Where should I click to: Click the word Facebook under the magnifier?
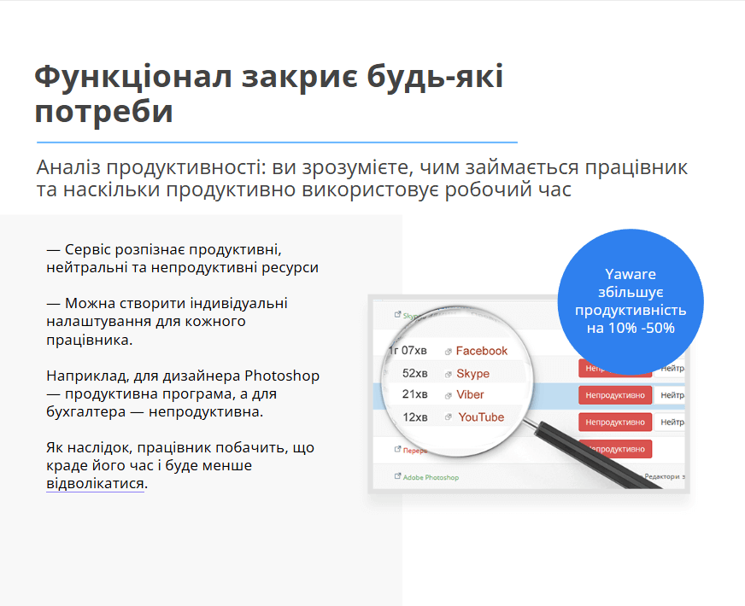[x=481, y=351]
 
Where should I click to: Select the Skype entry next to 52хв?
[x=472, y=374]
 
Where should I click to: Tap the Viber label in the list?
[x=470, y=395]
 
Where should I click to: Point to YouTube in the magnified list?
[x=481, y=417]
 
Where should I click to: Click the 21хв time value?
[x=414, y=395]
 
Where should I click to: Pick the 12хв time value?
[x=415, y=417]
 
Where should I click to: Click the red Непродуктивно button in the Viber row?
[x=615, y=395]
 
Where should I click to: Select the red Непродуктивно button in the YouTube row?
[x=615, y=422]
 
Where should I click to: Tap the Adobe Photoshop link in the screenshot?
[x=431, y=477]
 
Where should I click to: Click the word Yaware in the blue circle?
[x=631, y=275]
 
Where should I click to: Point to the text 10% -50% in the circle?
[x=642, y=328]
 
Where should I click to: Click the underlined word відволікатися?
[x=96, y=484]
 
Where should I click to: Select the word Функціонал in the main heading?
[x=132, y=77]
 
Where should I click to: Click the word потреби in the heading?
[x=103, y=112]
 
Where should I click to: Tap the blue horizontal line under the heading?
[x=277, y=142]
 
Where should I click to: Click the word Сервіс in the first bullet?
[x=88, y=249]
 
